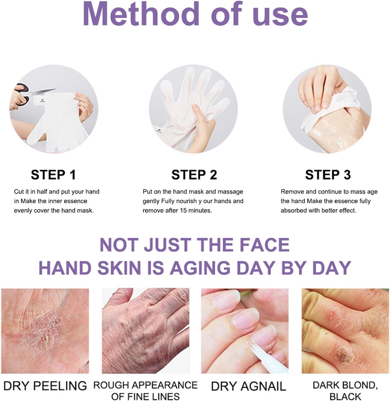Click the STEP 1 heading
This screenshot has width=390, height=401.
tap(53, 175)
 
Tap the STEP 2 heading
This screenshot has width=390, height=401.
tap(194, 175)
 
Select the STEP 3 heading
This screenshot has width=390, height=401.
tap(328, 175)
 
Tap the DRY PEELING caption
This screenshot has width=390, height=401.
tap(45, 386)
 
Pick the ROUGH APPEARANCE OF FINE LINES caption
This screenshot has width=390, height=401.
tap(146, 390)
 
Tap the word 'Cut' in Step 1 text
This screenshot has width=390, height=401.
tap(19, 192)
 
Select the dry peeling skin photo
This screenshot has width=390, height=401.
tap(45, 331)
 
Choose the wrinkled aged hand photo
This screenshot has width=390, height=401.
tap(146, 331)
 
